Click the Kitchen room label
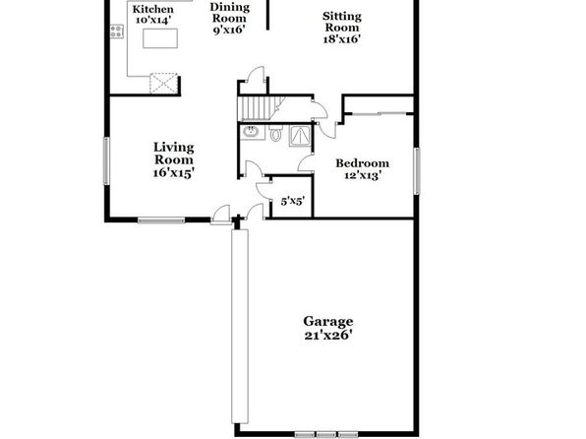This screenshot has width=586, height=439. point(152,10)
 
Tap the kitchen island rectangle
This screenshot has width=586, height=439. point(160,38)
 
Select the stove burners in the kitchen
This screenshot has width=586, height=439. point(117,31)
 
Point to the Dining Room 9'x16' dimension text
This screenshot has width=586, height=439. point(229,30)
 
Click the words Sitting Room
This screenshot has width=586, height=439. point(342,22)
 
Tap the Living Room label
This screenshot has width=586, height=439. point(174,154)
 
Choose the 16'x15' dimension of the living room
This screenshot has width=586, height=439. point(174,173)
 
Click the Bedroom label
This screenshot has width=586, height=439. point(362,163)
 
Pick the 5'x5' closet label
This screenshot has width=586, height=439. point(293,202)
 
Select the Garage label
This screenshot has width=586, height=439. point(327,321)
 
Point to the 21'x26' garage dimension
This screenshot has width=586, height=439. point(328,335)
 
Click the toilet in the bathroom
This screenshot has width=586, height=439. point(276,133)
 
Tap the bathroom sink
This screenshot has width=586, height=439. point(251,131)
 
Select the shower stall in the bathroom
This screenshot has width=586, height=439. point(301,136)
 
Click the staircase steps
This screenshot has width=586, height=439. point(258,108)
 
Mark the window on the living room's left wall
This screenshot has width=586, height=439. point(106,160)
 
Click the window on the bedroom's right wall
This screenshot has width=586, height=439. point(417,171)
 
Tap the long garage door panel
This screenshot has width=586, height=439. point(240,327)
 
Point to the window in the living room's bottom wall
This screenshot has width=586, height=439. point(161,220)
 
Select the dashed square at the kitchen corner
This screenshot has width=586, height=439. point(163,83)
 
